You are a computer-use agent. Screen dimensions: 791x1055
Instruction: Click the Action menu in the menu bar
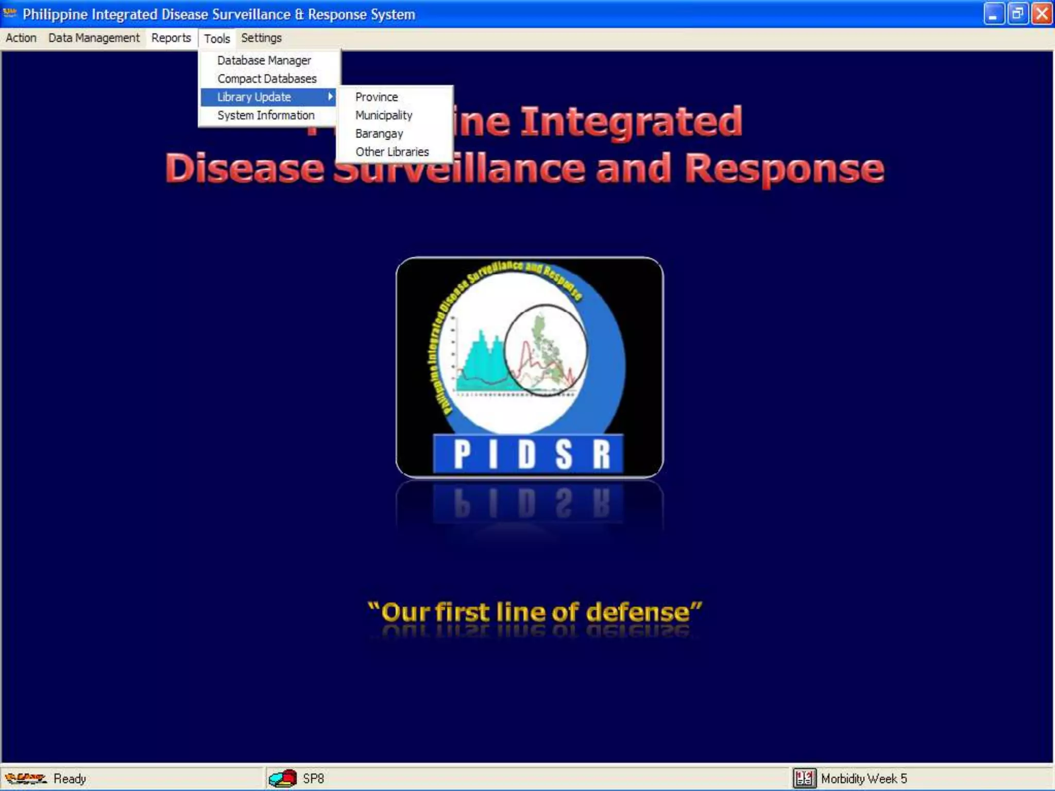(21, 38)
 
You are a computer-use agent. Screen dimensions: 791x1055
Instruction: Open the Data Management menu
(94, 38)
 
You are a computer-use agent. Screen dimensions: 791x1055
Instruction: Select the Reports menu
(171, 38)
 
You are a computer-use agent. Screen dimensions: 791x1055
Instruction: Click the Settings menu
(261, 38)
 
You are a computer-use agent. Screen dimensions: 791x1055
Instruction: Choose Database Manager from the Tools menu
(264, 61)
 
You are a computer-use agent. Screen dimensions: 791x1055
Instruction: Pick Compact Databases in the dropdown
(267, 79)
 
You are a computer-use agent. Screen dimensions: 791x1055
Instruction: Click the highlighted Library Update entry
(254, 97)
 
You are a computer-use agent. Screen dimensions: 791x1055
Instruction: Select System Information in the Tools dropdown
(266, 115)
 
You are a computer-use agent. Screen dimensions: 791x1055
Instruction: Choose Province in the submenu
(377, 97)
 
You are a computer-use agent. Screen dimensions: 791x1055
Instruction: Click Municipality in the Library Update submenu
(384, 115)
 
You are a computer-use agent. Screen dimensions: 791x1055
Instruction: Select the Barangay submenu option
(379, 134)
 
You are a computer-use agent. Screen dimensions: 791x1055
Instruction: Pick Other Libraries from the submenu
(392, 152)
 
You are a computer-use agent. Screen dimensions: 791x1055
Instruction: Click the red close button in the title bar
(1042, 14)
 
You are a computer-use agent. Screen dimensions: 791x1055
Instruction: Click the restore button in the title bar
(1017, 14)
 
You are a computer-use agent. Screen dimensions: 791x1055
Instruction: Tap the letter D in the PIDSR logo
(526, 455)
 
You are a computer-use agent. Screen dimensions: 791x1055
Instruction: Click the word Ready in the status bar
(70, 779)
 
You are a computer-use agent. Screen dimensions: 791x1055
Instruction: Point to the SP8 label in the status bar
(313, 779)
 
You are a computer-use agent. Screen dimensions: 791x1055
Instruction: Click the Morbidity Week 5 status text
(864, 779)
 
